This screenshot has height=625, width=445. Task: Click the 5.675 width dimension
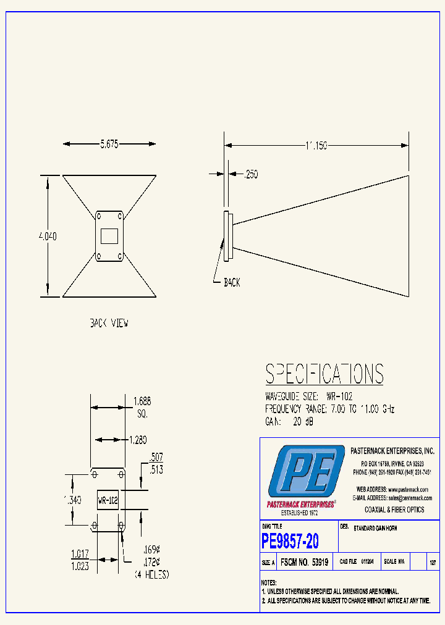click(x=109, y=144)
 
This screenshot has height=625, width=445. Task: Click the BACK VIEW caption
click(x=109, y=323)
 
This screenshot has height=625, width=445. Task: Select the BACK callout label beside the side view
click(x=232, y=282)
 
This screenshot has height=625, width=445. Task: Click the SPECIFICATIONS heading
click(x=324, y=374)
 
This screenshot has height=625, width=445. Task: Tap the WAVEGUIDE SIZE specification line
click(x=309, y=396)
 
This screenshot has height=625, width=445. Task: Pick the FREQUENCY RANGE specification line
click(x=329, y=409)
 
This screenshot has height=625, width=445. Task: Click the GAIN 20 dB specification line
click(x=290, y=421)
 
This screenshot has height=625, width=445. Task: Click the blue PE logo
click(x=305, y=474)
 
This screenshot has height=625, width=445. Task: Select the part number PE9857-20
click(x=290, y=542)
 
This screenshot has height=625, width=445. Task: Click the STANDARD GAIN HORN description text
click(x=375, y=529)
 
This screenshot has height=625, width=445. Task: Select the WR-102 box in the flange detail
click(x=108, y=500)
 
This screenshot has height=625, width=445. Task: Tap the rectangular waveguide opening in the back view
click(x=109, y=236)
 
